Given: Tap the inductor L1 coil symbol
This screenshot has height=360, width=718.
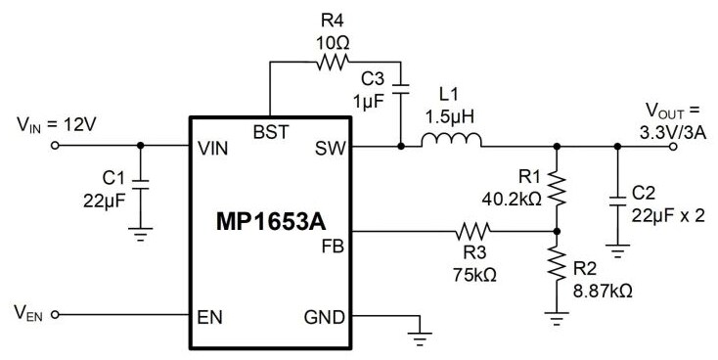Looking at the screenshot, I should click(x=450, y=147).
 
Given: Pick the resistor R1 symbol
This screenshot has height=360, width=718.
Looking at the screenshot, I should click(x=557, y=186).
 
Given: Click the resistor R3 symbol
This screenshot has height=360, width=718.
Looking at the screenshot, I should click(x=473, y=232).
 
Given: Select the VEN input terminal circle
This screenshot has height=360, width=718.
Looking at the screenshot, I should click(x=55, y=315).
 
